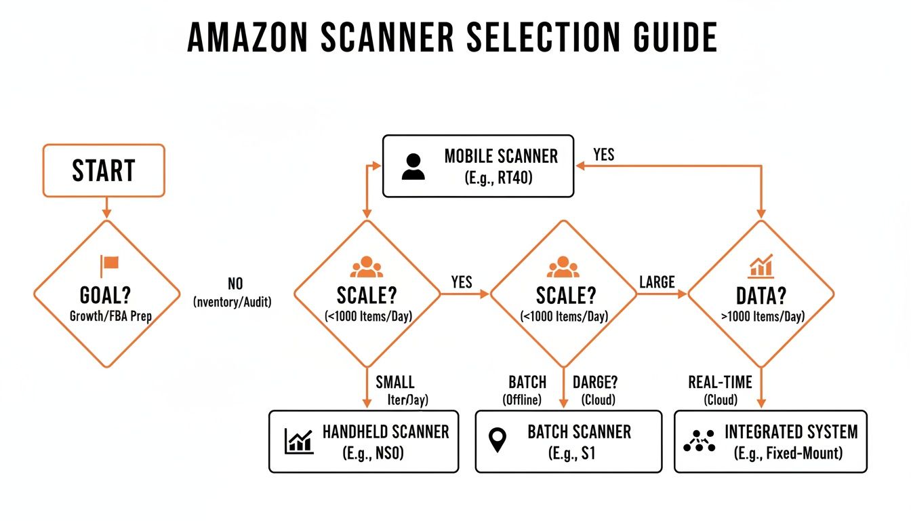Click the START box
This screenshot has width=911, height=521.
104,170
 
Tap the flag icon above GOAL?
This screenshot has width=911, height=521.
109,265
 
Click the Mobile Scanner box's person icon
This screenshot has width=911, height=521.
413,167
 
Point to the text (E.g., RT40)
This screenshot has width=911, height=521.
501,179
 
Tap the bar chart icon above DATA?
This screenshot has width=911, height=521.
761,266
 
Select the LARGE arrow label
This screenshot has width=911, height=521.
657,282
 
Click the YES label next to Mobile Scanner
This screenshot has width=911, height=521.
603,155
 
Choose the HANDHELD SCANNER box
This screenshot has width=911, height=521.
363,441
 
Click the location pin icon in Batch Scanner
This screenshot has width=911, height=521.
498,441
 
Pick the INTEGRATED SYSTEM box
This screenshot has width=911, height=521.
770,441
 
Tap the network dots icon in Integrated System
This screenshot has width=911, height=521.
699,441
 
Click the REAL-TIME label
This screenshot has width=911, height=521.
721,382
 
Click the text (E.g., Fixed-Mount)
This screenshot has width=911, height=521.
788,453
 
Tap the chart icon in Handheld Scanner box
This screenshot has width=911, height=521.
299,441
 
